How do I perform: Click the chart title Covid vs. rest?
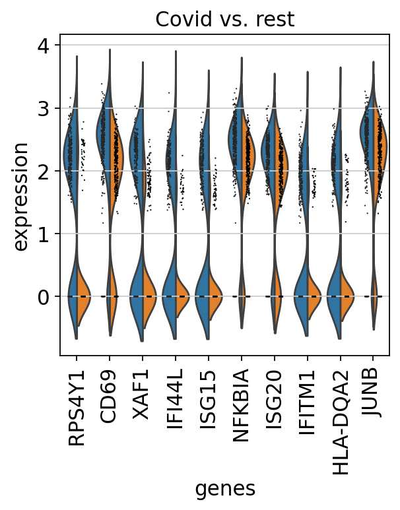(x=224, y=20)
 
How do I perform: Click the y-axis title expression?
(x=21, y=195)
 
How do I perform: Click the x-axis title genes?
(x=224, y=488)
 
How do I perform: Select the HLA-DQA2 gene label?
(x=341, y=410)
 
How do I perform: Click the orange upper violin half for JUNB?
(x=381, y=158)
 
